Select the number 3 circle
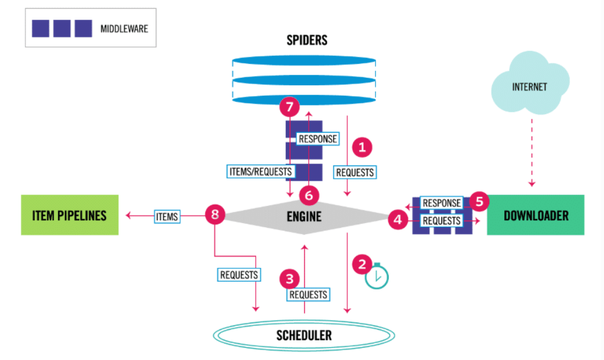tap(289, 279)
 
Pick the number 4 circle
tap(398, 220)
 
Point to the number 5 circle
tap(479, 201)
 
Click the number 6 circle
tap(308, 195)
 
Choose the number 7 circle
tap(289, 107)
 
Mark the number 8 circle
tap(215, 215)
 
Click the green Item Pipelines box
tap(70, 215)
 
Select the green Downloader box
tap(535, 215)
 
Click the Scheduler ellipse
tap(304, 335)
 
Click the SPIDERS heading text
tap(307, 40)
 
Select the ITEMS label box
tap(166, 216)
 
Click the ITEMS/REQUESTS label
tap(260, 171)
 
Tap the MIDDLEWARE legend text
tap(124, 28)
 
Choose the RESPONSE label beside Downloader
tap(442, 203)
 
